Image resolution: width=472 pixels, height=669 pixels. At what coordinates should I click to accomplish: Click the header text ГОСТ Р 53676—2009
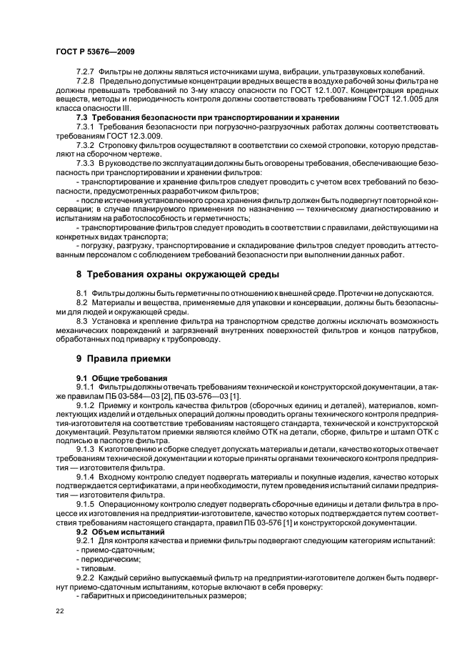[95, 52]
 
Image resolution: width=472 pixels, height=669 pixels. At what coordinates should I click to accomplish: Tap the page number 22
[59, 611]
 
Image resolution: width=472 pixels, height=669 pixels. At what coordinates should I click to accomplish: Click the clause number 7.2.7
[86, 71]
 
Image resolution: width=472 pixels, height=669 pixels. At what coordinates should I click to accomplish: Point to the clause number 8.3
[82, 321]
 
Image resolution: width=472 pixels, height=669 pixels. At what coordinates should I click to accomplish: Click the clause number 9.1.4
[86, 475]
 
